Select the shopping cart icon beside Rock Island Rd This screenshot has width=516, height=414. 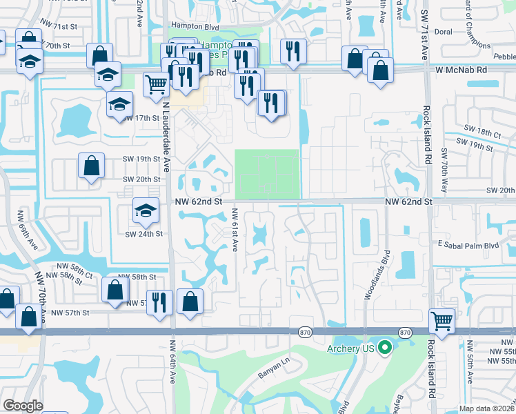[441, 321]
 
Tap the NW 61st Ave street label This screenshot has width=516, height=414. [235, 230]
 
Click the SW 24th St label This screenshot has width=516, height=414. [143, 234]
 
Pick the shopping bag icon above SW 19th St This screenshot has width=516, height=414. [91, 166]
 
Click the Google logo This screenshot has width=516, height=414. [23, 406]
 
